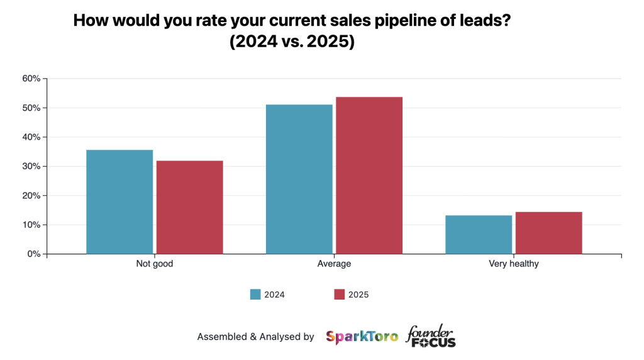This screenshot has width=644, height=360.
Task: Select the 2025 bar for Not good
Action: pyautogui.click(x=189, y=207)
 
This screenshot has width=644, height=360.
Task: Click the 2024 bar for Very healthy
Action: pyautogui.click(x=479, y=234)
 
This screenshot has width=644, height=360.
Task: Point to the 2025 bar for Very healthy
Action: pyautogui.click(x=548, y=233)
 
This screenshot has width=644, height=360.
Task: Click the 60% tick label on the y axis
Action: pyautogui.click(x=31, y=79)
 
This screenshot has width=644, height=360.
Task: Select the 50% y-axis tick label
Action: pyautogui.click(x=31, y=108)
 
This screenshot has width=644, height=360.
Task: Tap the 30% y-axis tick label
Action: pyautogui.click(x=31, y=166)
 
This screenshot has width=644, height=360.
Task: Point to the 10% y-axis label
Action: pyautogui.click(x=31, y=225)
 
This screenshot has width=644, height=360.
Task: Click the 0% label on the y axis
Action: pyautogui.click(x=33, y=254)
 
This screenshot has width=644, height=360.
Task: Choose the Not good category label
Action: pyautogui.click(x=154, y=264)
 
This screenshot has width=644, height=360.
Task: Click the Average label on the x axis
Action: pyautogui.click(x=334, y=264)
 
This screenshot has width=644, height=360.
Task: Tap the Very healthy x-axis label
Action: pyautogui.click(x=513, y=264)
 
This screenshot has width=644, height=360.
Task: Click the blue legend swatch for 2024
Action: pyautogui.click(x=255, y=295)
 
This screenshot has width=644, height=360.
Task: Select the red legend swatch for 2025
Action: pyautogui.click(x=340, y=295)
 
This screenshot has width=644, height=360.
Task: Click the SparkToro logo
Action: pyautogui.click(x=362, y=337)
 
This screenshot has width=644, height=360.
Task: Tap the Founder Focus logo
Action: pyautogui.click(x=431, y=336)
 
